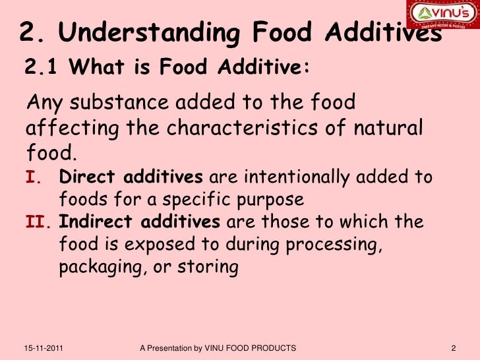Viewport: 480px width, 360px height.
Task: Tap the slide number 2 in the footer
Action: pos(454,347)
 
